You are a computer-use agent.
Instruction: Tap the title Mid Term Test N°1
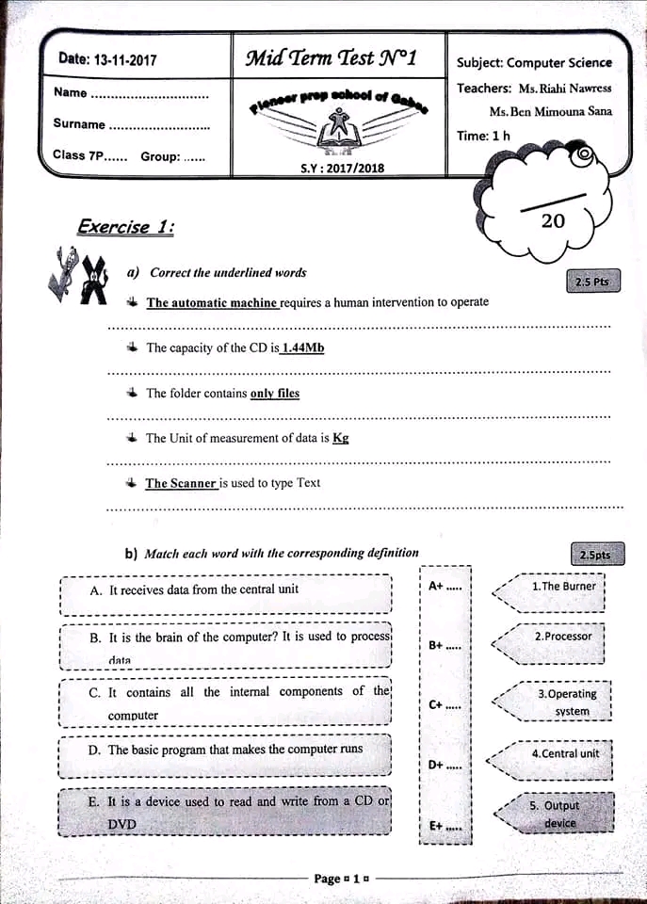pyautogui.click(x=331, y=57)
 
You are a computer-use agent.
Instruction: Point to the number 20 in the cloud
pyautogui.click(x=554, y=220)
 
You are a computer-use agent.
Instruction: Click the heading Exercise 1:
pyautogui.click(x=126, y=227)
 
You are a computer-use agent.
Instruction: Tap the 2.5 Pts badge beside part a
pyautogui.click(x=593, y=282)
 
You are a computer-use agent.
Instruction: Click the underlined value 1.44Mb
pyautogui.click(x=303, y=347)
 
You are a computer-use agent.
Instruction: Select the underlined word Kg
pyautogui.click(x=341, y=438)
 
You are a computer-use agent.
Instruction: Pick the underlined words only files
pyautogui.click(x=275, y=394)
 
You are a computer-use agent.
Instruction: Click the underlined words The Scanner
pyautogui.click(x=181, y=483)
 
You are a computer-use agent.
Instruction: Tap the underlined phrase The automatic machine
pyautogui.click(x=212, y=302)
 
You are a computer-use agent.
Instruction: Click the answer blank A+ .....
pyautogui.click(x=445, y=586)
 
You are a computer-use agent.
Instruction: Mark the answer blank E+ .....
pyautogui.click(x=445, y=826)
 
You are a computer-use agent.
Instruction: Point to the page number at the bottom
pyautogui.click(x=341, y=879)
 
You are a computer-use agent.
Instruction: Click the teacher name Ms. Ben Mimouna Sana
pyautogui.click(x=550, y=111)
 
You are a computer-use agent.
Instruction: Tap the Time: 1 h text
pyautogui.click(x=483, y=136)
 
